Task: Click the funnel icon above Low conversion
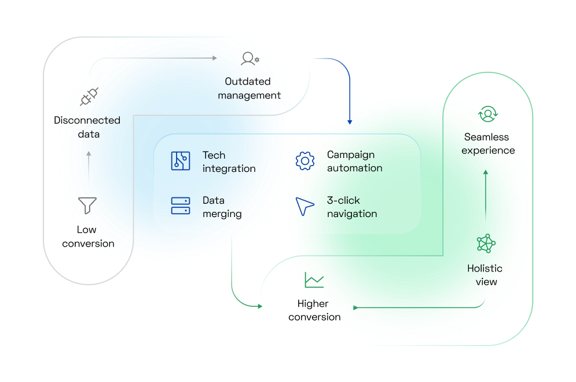pos(87,205)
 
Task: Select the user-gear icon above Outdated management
pos(250,58)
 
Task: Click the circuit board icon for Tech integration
pos(181,161)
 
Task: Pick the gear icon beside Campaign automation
pos(304,161)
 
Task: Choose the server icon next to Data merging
pos(181,206)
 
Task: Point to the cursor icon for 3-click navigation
pos(304,206)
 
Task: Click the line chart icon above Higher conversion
pos(314,280)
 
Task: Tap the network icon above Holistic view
pos(486,244)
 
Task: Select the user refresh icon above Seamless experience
pos(487,114)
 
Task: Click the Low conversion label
pos(88,237)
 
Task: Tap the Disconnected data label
pos(87,127)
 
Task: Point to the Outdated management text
pos(249,89)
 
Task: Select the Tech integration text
pos(229,162)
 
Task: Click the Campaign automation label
pos(354,161)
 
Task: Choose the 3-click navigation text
pos(351,207)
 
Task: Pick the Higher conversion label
pos(314,310)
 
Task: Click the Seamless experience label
pos(488,144)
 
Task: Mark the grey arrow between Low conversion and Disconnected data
pos(88,164)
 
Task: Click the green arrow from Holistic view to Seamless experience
pos(485,194)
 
